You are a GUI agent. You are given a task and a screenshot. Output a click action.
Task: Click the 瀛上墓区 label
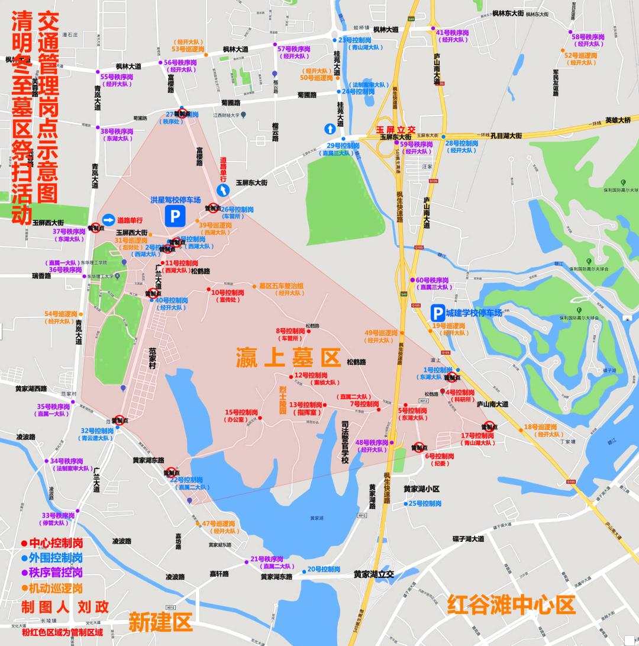tap(289, 358)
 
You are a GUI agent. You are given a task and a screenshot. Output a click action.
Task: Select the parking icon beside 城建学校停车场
tap(438, 313)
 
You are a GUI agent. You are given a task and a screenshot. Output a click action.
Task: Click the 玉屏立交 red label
tap(396, 130)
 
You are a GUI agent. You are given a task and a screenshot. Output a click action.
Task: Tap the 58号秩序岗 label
tap(588, 37)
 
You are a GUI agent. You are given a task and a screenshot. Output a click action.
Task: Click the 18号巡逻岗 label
tap(540, 427)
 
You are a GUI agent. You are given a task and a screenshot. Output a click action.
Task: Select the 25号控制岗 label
tap(425, 503)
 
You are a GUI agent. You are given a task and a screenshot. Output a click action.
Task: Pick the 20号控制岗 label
tap(324, 569)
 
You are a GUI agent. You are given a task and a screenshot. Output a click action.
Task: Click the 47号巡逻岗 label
tap(219, 523)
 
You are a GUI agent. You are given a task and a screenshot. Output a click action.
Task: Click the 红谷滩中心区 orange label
tap(511, 605)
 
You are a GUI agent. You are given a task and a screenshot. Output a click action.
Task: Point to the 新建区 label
tap(161, 622)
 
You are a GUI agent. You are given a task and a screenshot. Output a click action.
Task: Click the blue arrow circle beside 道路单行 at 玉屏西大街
tap(108, 220)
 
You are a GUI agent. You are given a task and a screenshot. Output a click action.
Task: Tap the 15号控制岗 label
tap(241, 412)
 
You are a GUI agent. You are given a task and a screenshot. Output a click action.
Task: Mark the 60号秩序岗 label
tap(432, 280)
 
